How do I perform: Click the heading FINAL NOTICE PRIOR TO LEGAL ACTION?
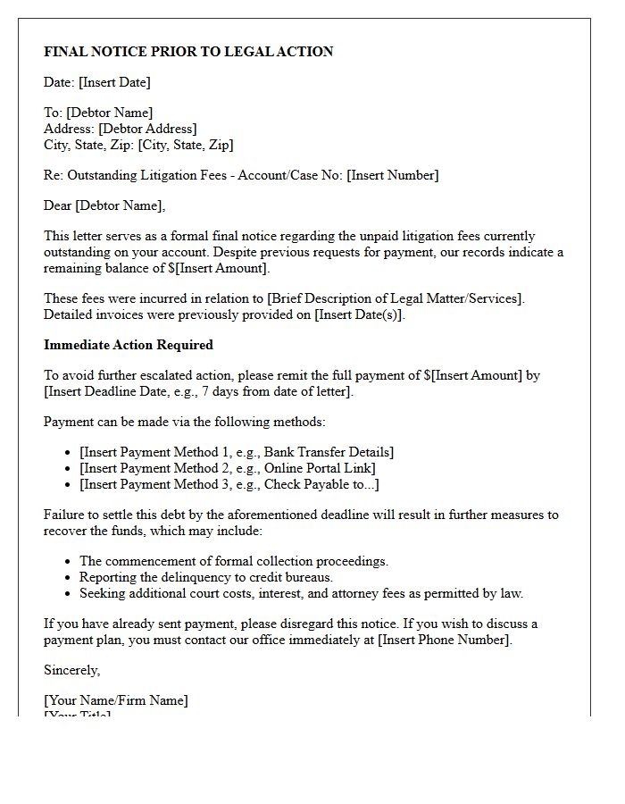tap(188, 52)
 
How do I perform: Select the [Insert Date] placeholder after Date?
tap(114, 82)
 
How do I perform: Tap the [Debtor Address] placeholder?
tap(147, 129)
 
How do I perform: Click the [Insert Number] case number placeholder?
tap(392, 175)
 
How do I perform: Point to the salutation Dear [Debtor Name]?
tap(104, 205)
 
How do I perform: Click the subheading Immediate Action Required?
tap(129, 345)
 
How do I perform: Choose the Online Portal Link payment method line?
tap(227, 468)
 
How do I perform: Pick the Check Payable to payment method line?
tap(229, 484)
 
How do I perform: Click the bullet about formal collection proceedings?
tap(233, 561)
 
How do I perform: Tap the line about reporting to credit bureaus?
tap(205, 577)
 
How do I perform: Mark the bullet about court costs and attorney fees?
tap(301, 593)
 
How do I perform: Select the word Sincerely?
tap(71, 670)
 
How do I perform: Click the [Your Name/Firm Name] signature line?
tap(116, 700)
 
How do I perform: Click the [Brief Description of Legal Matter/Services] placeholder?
tap(396, 298)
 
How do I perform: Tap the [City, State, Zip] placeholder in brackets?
tap(186, 145)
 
